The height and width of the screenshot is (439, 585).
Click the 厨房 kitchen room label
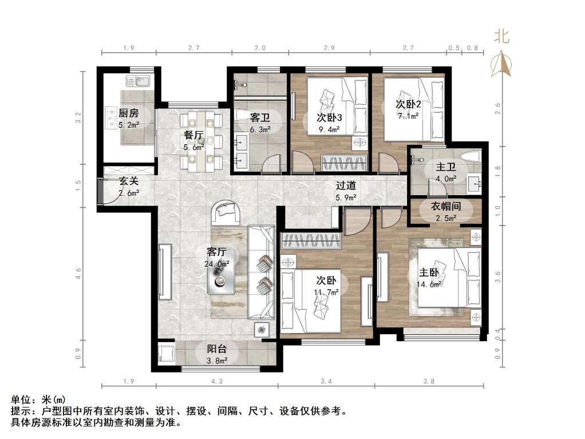coord(128,113)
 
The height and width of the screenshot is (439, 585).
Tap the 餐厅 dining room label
coord(193,136)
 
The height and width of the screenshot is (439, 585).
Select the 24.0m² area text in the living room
coord(217,264)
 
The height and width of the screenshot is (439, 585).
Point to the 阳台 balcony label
coord(216,349)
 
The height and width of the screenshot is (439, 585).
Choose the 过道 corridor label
coord(346,185)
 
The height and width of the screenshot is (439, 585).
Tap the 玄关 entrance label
coord(129,181)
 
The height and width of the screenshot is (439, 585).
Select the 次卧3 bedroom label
coord(329,118)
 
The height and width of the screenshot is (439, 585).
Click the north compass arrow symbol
coord(502,64)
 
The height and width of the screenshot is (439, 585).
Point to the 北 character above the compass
coord(502,37)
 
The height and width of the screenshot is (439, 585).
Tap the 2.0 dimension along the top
coord(260,48)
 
